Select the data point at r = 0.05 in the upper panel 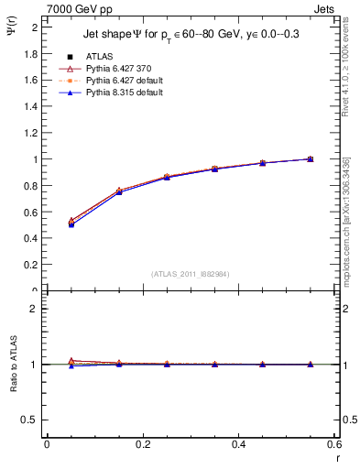pos(71,223)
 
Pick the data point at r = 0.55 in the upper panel pos(311,159)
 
